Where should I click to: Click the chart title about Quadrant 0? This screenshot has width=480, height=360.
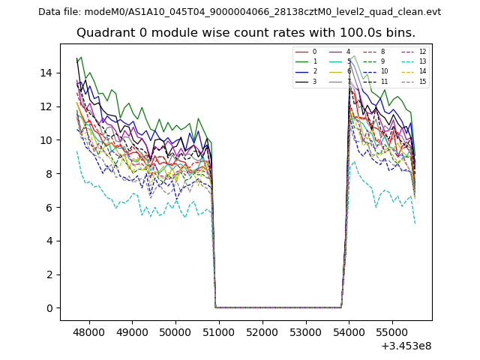(245, 33)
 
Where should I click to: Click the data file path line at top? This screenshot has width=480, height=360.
(239, 12)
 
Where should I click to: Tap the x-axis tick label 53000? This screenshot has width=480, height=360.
(305, 331)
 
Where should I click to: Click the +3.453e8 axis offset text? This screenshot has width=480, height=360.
(406, 346)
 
